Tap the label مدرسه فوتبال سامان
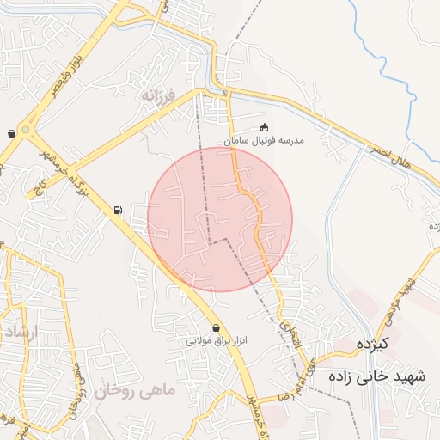[x=264, y=140]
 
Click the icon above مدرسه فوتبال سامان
[x=264, y=127]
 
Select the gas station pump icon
[x=118, y=210]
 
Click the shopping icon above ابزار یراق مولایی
[x=216, y=327]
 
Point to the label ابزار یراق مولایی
[x=217, y=340]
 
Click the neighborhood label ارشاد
[x=17, y=331]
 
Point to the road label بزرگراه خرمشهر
[x=54, y=168]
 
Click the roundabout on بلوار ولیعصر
[x=27, y=131]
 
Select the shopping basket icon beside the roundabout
[x=10, y=133]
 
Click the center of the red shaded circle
[x=220, y=219]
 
